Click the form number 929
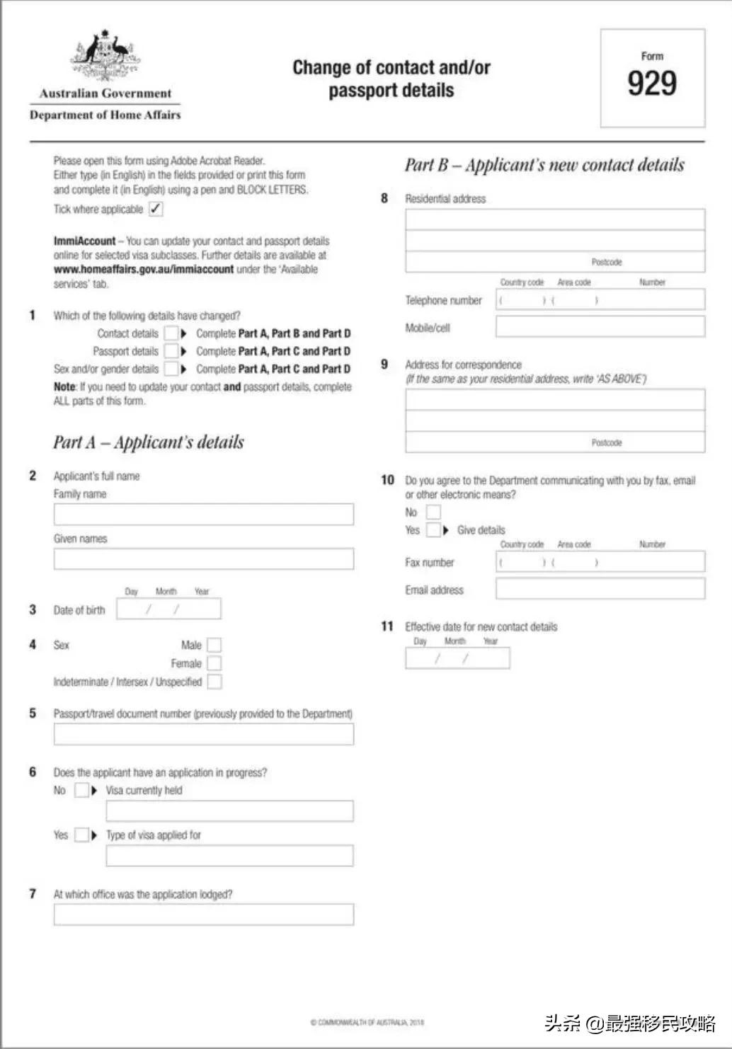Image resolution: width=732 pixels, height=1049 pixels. (x=652, y=83)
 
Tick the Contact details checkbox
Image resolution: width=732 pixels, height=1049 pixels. (x=171, y=333)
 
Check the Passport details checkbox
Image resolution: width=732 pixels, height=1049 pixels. (x=171, y=351)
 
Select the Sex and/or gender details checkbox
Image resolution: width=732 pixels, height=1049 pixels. (x=171, y=369)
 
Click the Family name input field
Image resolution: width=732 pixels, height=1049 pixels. (x=203, y=515)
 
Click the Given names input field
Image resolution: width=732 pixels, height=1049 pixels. (x=203, y=559)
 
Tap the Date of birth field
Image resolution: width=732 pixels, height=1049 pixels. (x=168, y=609)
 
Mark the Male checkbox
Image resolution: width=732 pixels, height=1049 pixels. (x=214, y=645)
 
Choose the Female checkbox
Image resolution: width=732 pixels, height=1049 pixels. (x=214, y=663)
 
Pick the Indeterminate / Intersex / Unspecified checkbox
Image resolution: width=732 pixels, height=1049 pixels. (x=214, y=682)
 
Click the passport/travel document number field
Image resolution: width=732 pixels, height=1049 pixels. (x=203, y=735)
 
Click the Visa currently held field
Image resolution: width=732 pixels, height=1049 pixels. (x=229, y=811)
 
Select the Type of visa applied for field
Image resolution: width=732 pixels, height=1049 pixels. (x=229, y=856)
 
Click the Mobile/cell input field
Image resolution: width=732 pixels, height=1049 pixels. (x=600, y=327)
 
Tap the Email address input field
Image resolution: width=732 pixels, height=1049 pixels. (x=600, y=589)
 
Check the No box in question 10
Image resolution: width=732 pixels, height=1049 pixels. (x=433, y=512)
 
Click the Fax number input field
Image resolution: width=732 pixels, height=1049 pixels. (x=600, y=562)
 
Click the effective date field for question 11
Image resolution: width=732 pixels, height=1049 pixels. (x=457, y=658)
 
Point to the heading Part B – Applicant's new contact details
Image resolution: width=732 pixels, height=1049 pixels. (x=544, y=165)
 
